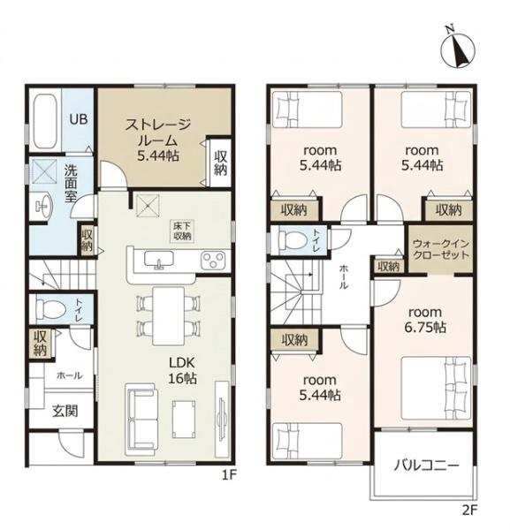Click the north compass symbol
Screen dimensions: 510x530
point(458,50)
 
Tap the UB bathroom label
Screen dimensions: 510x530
point(79,119)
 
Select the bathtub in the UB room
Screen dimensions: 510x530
point(45,121)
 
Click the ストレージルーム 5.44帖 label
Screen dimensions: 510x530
point(158,140)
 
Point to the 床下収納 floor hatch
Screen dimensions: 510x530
point(183,231)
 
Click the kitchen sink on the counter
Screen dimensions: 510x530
point(159,260)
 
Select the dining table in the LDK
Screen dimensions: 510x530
point(169,315)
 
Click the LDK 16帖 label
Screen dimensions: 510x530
point(182,370)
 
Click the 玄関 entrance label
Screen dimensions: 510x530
point(65,411)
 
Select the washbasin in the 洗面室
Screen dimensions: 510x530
point(44,205)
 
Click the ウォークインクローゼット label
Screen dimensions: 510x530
point(441,249)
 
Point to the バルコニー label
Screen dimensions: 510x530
point(427,466)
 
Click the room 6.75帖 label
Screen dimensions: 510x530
point(425,320)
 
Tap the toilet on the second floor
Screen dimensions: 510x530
point(293,240)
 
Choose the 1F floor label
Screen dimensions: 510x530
point(229,475)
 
